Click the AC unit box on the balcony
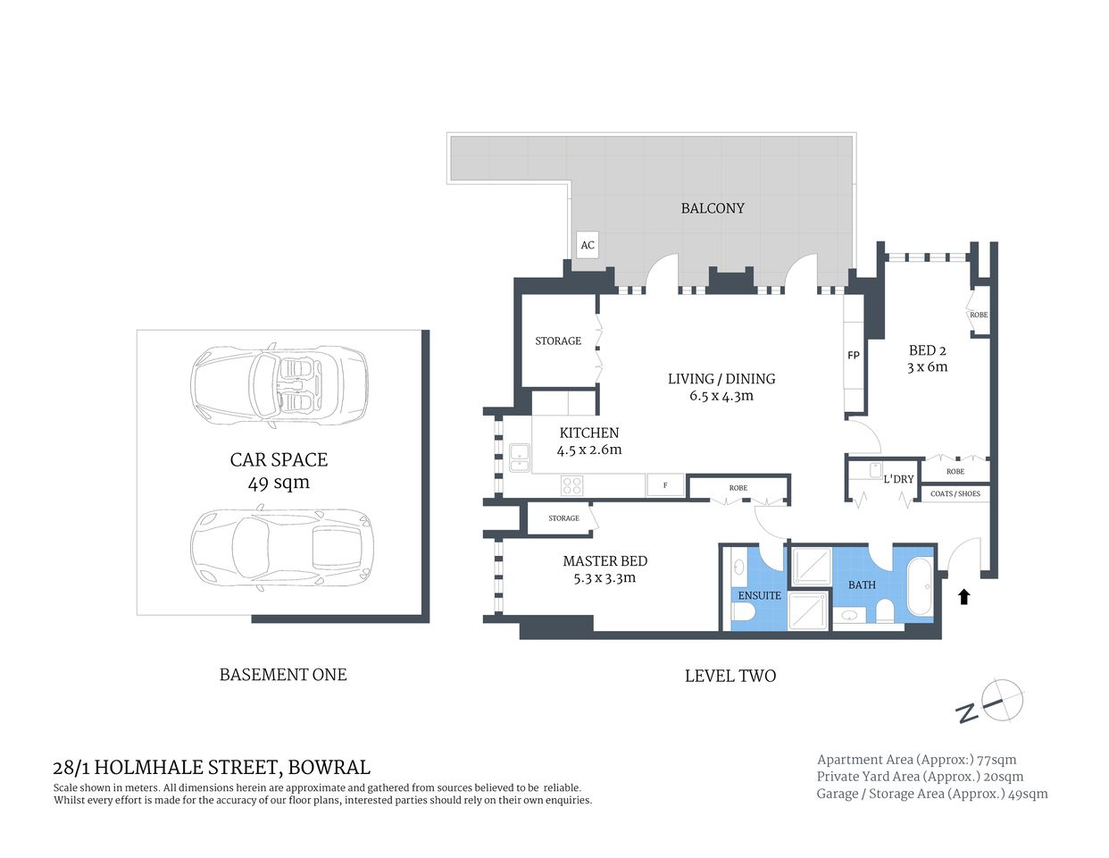click(x=587, y=245)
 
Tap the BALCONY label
click(x=712, y=208)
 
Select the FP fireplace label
click(x=854, y=356)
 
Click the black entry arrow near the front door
click(x=964, y=596)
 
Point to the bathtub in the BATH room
click(x=921, y=587)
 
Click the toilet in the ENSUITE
click(x=744, y=613)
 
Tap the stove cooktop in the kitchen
click(x=571, y=485)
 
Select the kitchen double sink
click(x=519, y=458)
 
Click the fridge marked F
click(x=665, y=485)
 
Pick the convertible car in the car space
click(x=279, y=385)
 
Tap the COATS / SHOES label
click(x=955, y=493)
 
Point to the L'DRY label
click(x=898, y=479)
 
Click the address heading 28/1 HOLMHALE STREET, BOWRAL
click(x=212, y=767)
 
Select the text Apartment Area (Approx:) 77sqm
click(x=916, y=760)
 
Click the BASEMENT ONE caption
click(x=283, y=675)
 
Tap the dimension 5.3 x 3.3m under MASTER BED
click(x=605, y=578)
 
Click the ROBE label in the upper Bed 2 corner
click(x=979, y=315)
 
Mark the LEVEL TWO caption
click(x=730, y=677)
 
